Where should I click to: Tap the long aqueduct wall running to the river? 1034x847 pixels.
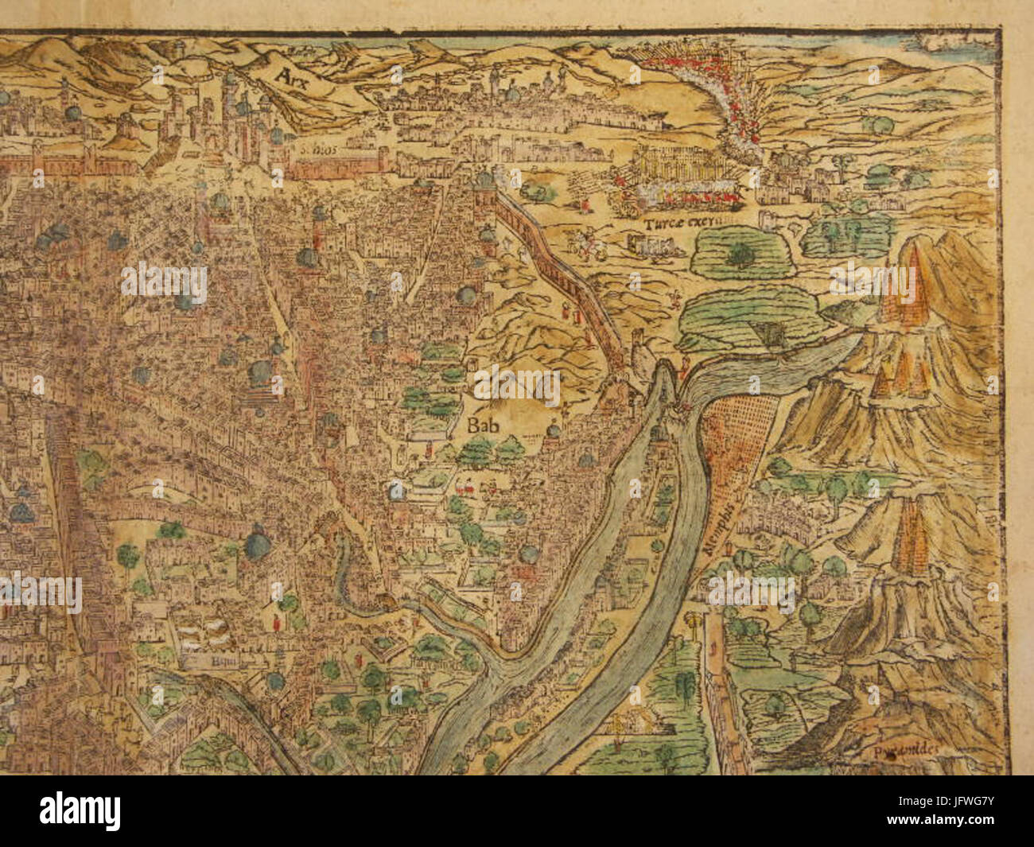pos(565,270)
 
